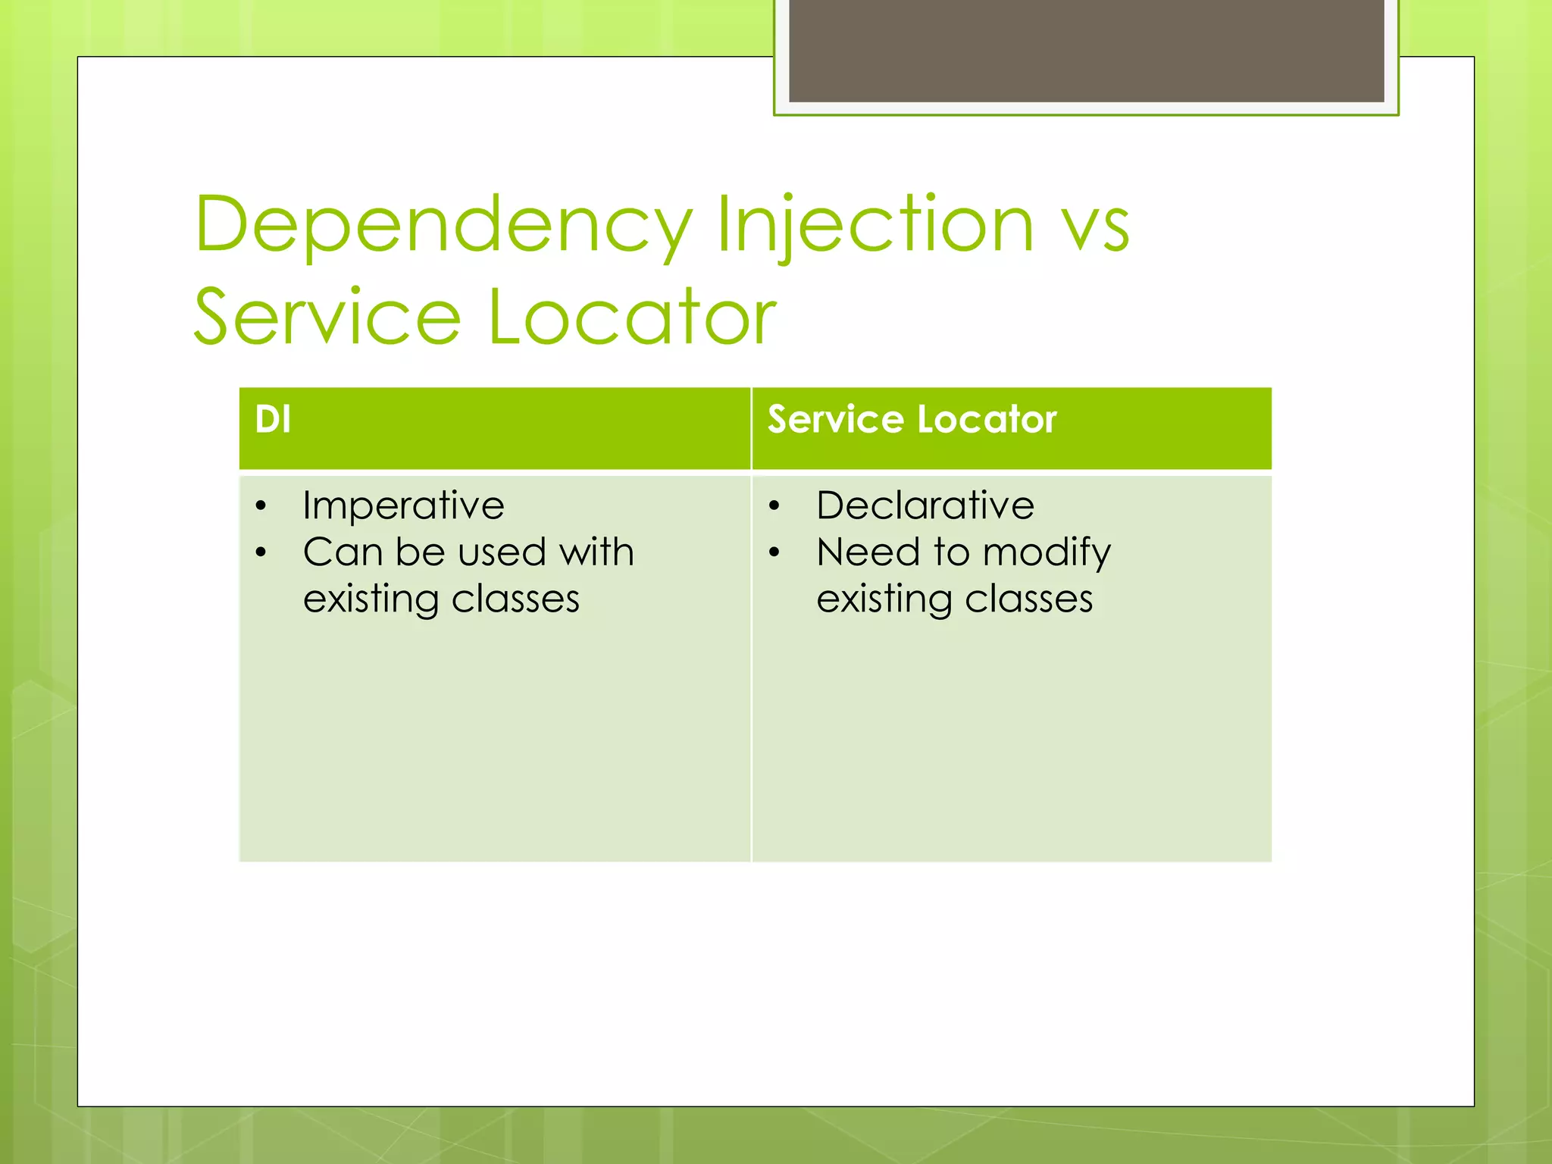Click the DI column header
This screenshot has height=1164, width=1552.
point(273,419)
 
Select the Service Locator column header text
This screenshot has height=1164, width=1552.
point(912,419)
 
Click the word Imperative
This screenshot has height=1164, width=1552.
point(403,505)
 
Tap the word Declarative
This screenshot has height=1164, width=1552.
point(925,505)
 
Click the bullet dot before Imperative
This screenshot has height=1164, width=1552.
point(261,506)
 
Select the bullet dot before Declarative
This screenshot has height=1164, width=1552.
point(774,506)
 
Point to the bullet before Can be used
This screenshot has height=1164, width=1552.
point(261,552)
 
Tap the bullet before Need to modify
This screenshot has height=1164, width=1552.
point(774,552)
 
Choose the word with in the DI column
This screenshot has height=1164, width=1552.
point(596,552)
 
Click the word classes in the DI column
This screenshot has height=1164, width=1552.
point(515,599)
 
